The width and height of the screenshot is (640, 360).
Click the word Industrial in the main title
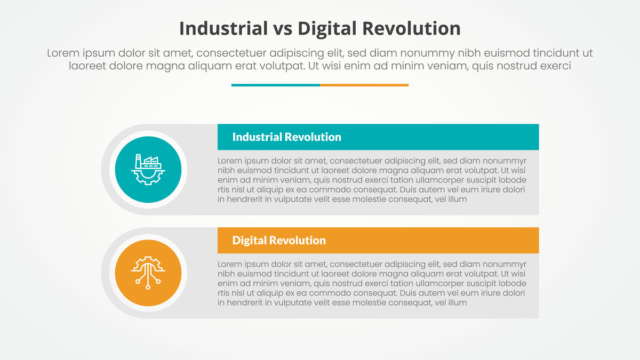(x=223, y=29)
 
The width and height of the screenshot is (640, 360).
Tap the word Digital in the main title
(x=327, y=29)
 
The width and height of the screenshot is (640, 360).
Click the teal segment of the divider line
(x=275, y=85)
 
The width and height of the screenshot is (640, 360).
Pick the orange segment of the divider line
(x=364, y=85)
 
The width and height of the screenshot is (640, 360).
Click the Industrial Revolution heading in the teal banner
(x=286, y=137)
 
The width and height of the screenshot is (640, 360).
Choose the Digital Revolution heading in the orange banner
(x=279, y=241)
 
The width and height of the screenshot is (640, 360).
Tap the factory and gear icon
(x=148, y=170)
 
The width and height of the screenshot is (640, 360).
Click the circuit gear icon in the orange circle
(x=148, y=273)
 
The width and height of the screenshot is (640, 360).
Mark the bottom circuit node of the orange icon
(x=148, y=287)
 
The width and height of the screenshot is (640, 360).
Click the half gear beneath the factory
(x=148, y=178)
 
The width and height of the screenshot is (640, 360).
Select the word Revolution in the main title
(x=411, y=29)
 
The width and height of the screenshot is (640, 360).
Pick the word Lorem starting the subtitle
(x=63, y=53)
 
